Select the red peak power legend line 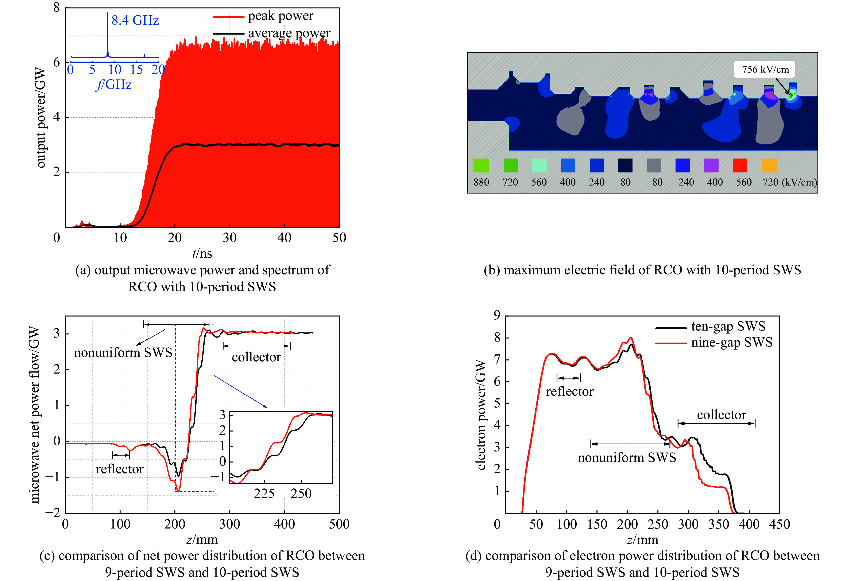[x=228, y=16]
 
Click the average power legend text [x=289, y=33]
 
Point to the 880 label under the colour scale [x=481, y=182]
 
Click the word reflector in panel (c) [x=120, y=469]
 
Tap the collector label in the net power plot [x=256, y=357]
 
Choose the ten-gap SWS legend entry [x=728, y=326]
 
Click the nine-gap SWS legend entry [x=731, y=342]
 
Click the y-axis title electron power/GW [x=480, y=414]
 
